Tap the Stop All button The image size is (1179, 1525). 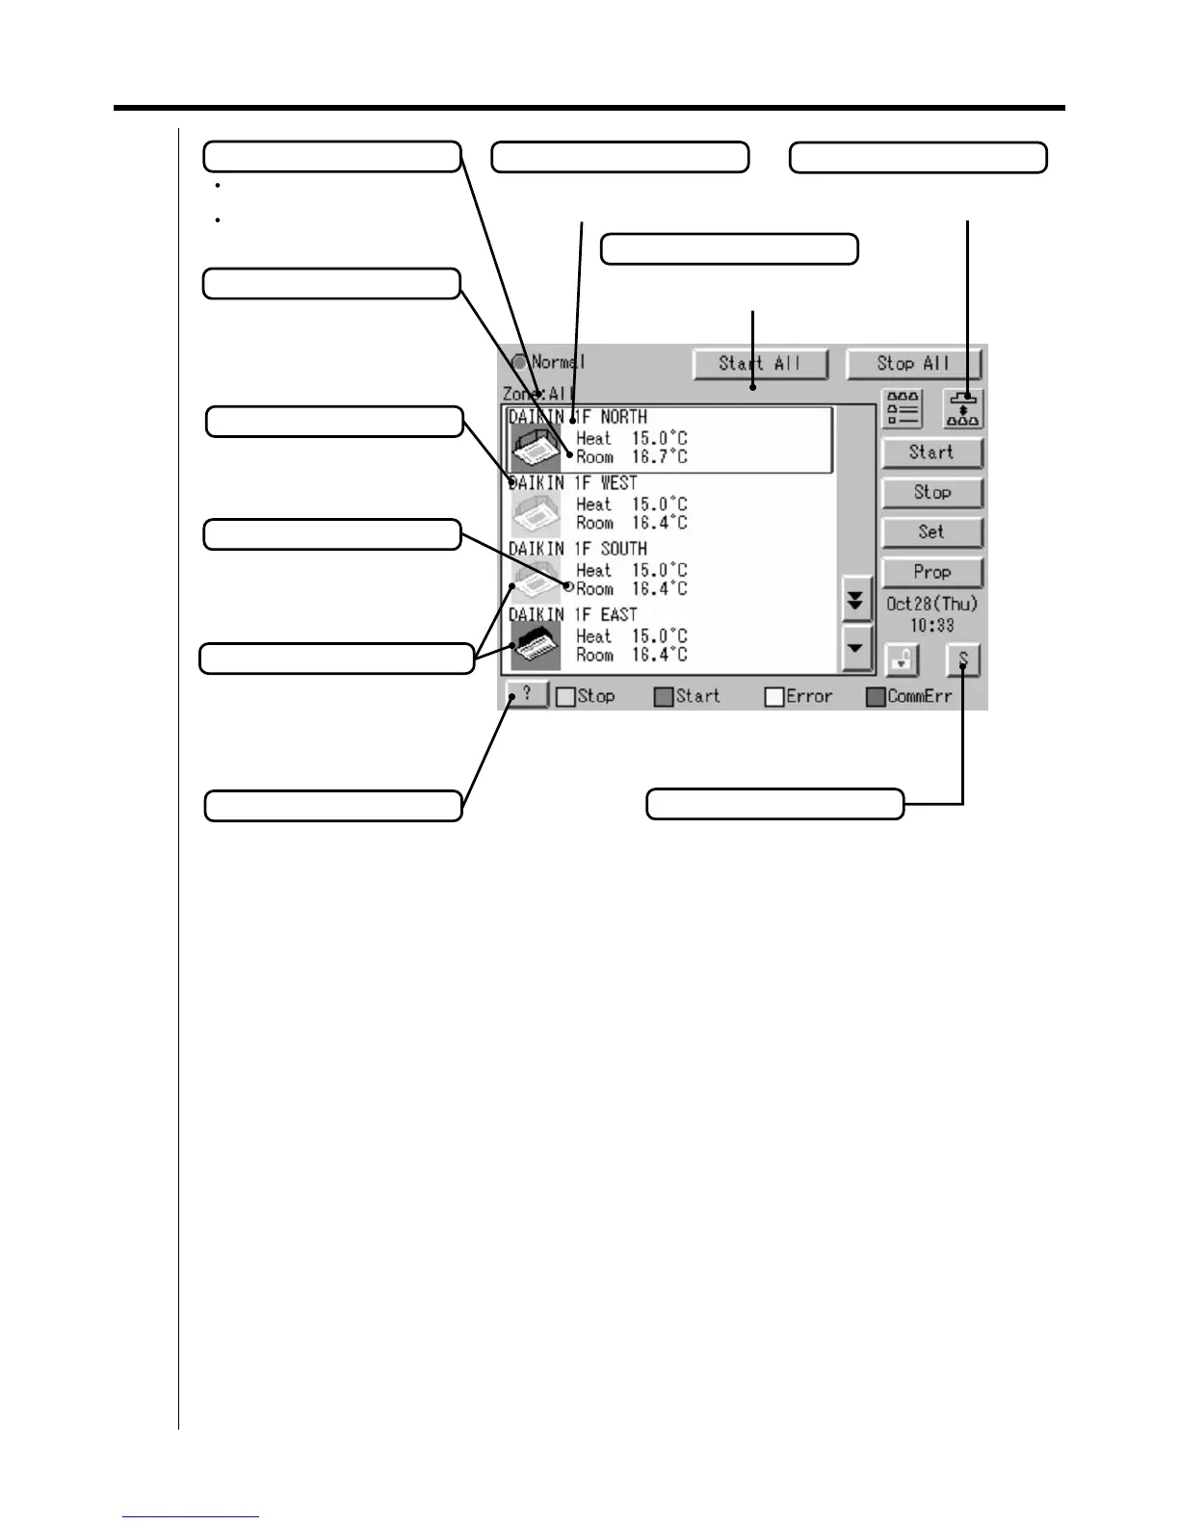(x=913, y=364)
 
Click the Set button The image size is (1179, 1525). (x=931, y=532)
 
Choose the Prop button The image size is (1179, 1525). (x=931, y=572)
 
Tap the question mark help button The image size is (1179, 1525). (x=527, y=694)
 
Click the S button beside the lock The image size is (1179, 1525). (x=962, y=660)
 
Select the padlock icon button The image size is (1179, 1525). (x=903, y=660)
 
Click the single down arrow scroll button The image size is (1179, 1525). (x=855, y=647)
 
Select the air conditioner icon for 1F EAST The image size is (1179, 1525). (x=535, y=646)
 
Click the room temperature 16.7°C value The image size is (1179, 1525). (x=660, y=457)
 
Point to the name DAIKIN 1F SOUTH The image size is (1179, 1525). (x=578, y=549)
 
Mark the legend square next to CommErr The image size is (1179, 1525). (x=876, y=697)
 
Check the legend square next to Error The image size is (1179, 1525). (x=774, y=697)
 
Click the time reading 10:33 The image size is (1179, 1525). (x=931, y=626)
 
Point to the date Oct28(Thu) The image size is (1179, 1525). (x=931, y=605)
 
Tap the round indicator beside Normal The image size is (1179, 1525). (x=520, y=363)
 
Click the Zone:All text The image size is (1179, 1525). (x=538, y=394)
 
